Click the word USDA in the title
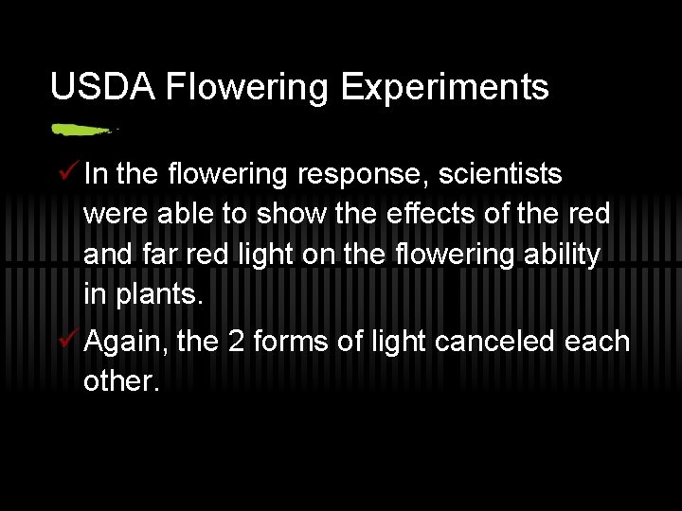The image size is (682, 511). point(102,87)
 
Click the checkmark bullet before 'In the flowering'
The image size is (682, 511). point(66,173)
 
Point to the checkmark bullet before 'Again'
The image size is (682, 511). point(66,340)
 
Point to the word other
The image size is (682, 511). point(119,381)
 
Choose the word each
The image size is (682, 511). point(597,342)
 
